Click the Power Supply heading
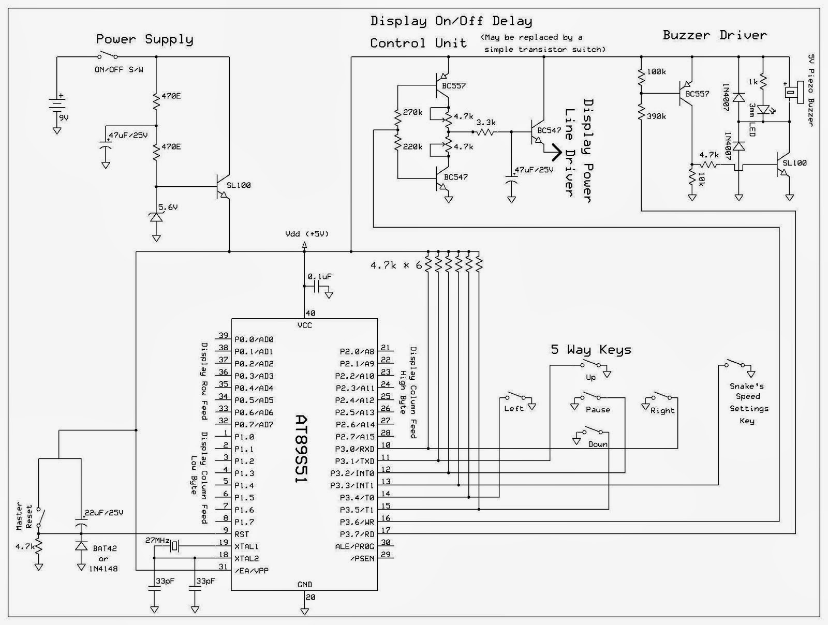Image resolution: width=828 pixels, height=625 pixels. pos(145,39)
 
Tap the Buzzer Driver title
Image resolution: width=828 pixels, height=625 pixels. pos(714,35)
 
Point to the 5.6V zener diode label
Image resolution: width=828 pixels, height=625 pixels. pos(169,207)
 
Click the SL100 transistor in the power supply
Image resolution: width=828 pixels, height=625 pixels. pos(223,187)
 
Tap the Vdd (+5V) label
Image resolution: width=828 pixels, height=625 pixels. pos(307,234)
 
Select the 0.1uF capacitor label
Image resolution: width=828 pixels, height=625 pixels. pos(320,277)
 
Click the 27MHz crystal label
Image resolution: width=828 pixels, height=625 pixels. pos(157,540)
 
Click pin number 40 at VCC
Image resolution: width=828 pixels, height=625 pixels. pos(310,313)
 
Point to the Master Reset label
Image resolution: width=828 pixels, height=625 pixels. pos(24,515)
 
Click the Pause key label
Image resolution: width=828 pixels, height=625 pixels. pos(598,410)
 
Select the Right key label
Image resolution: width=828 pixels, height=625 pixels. pos(662,411)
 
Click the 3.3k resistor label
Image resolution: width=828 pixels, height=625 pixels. pos(485,123)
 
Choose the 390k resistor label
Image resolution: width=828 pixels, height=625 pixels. pos(656,116)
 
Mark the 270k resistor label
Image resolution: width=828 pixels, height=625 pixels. pos(413,112)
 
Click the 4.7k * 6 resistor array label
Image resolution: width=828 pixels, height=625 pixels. pos(396,265)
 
